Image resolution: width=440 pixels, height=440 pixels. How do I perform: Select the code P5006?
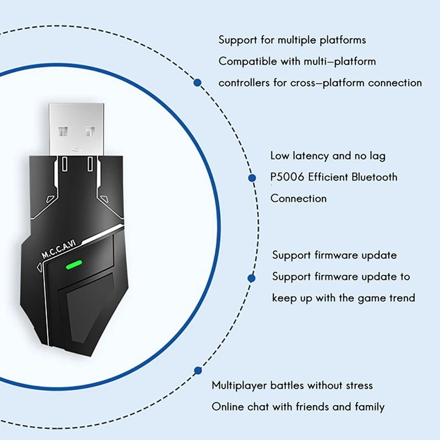pyautogui.click(x=287, y=177)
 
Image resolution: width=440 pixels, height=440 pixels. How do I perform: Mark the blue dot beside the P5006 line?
pyautogui.click(x=252, y=178)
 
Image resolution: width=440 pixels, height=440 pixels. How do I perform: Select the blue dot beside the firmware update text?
pyautogui.click(x=251, y=278)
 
